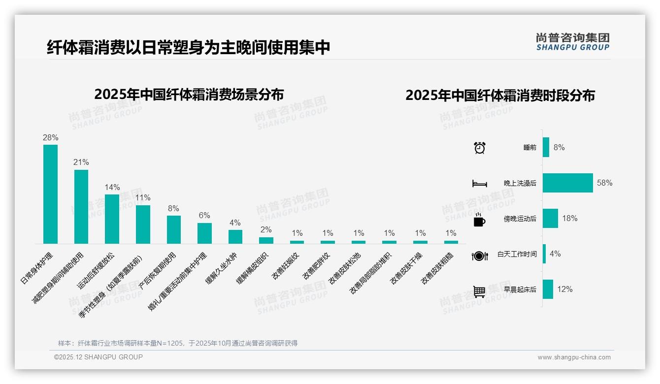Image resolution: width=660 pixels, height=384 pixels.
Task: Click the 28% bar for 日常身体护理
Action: click(x=50, y=194)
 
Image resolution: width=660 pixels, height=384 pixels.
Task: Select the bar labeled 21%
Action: click(x=81, y=207)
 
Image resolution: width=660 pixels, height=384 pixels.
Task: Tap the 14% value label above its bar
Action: click(x=112, y=188)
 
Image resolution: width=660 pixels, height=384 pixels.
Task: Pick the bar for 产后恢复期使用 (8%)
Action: click(x=173, y=229)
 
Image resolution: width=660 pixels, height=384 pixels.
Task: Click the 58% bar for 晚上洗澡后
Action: click(x=567, y=183)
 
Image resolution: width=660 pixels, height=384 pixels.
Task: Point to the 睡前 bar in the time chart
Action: click(x=546, y=147)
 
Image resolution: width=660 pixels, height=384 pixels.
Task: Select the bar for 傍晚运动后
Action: click(x=550, y=218)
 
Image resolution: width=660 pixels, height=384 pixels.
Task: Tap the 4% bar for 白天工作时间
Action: click(x=544, y=254)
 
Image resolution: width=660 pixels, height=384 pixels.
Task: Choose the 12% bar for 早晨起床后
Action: click(x=548, y=289)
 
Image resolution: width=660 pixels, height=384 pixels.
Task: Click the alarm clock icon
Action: click(x=480, y=148)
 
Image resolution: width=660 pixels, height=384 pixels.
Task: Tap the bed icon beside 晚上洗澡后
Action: click(x=480, y=184)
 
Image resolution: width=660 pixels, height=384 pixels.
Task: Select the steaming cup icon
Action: click(x=479, y=220)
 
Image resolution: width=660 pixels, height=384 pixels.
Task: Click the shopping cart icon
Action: click(x=479, y=291)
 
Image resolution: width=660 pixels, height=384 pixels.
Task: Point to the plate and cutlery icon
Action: click(x=480, y=256)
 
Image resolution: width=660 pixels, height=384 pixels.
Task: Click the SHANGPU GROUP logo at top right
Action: click(x=572, y=42)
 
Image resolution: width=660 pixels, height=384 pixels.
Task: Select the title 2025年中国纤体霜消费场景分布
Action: click(x=189, y=94)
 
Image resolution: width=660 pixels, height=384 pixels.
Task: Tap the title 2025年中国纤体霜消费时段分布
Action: click(x=500, y=96)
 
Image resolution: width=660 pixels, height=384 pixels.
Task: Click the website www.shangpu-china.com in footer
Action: click(x=574, y=357)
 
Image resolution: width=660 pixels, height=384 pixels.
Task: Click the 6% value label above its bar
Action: click(x=204, y=216)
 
